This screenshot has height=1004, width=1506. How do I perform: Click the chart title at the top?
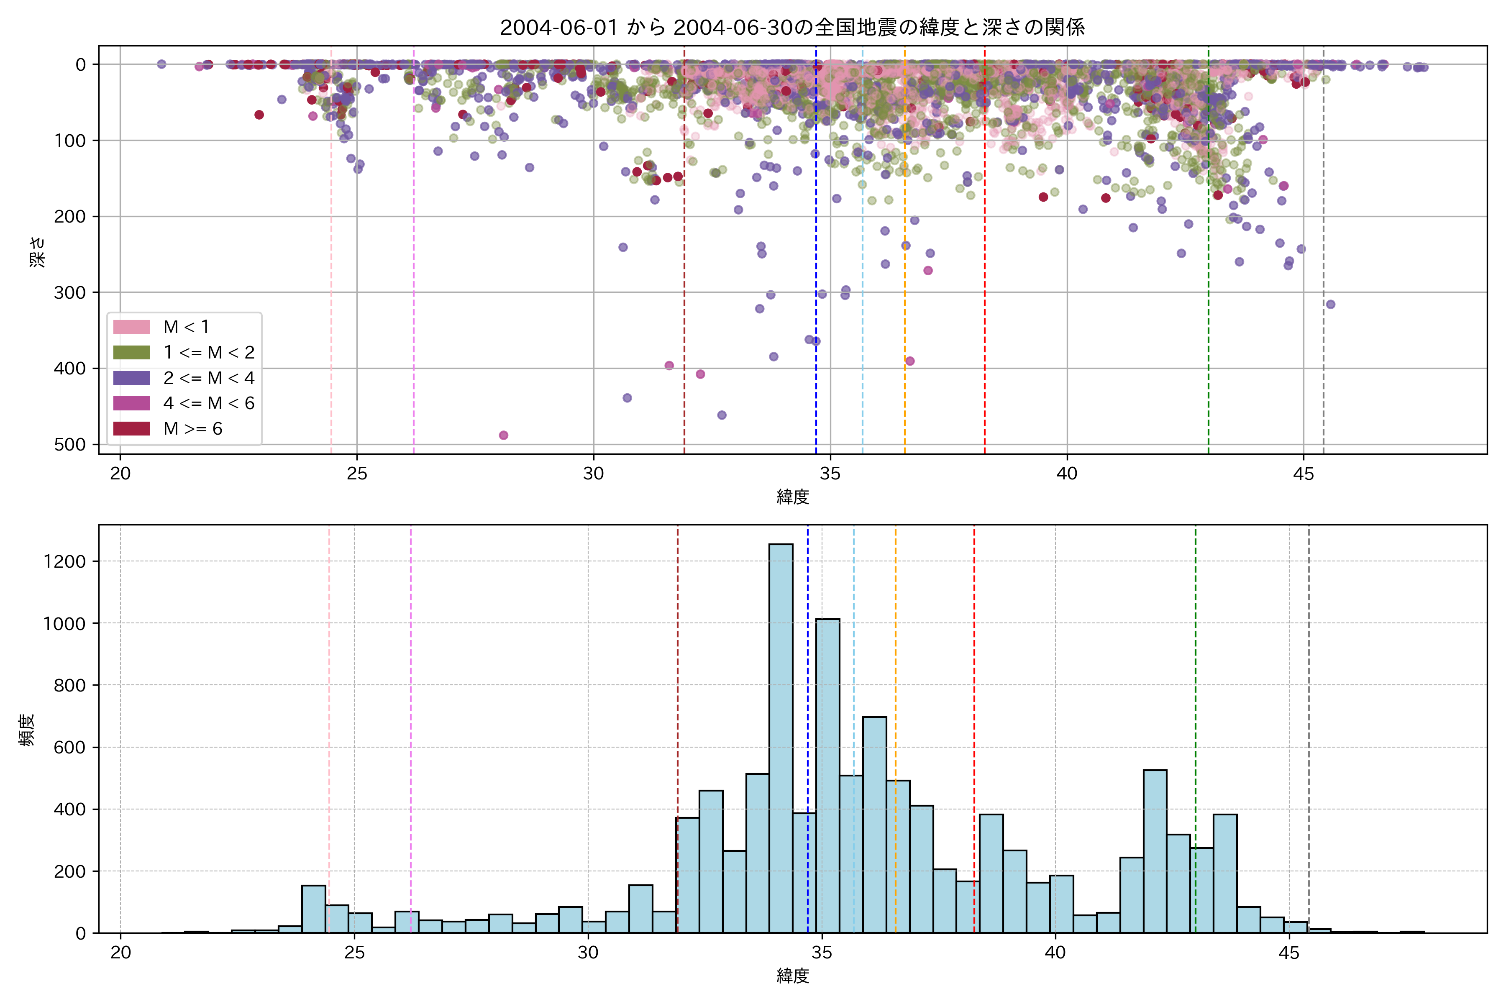pyautogui.click(x=792, y=28)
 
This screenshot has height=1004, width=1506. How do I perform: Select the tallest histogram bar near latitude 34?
pyautogui.click(x=781, y=736)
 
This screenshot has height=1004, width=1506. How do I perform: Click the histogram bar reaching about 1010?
pyautogui.click(x=827, y=775)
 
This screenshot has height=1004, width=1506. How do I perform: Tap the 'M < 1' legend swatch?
pyautogui.click(x=131, y=327)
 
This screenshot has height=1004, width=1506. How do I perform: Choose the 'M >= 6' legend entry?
pyautogui.click(x=192, y=429)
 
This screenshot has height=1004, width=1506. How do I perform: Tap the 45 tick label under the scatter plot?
pyautogui.click(x=1303, y=474)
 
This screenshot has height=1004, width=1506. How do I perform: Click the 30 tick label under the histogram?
pyautogui.click(x=588, y=953)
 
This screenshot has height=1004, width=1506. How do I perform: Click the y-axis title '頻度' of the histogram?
pyautogui.click(x=27, y=730)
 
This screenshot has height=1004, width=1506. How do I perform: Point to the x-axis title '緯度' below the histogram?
pyautogui.click(x=792, y=976)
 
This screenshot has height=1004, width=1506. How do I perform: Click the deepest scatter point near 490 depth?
pyautogui.click(x=503, y=435)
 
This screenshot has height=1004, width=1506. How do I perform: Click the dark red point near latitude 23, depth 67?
pyautogui.click(x=259, y=115)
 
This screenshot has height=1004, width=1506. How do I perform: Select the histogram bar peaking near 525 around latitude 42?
pyautogui.click(x=1155, y=852)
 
